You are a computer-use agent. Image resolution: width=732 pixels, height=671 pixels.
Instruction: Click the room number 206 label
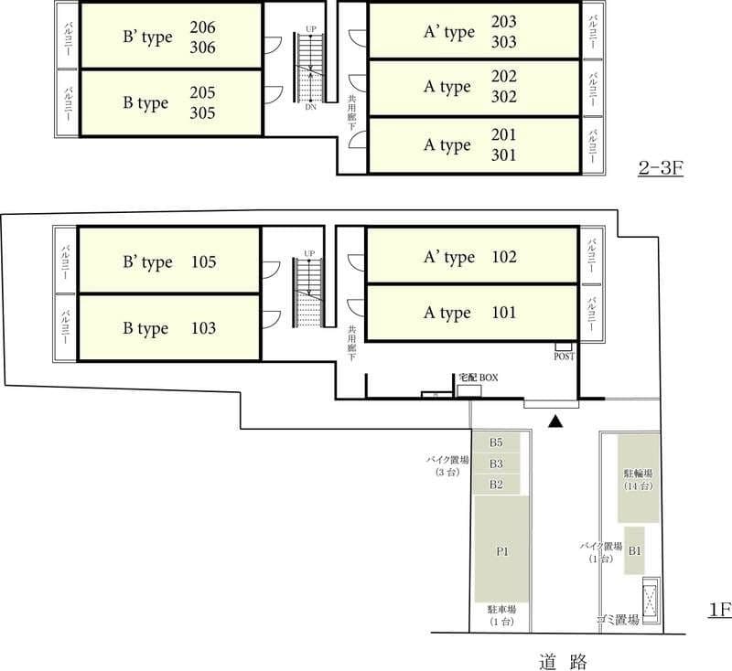(x=203, y=27)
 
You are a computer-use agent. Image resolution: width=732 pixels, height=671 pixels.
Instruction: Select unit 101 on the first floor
(x=471, y=313)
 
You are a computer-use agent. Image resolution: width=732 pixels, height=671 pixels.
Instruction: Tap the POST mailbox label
(x=564, y=357)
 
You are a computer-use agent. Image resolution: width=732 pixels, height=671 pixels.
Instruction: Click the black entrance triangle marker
(x=553, y=421)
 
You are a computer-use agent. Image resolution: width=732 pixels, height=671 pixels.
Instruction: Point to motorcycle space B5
(x=496, y=442)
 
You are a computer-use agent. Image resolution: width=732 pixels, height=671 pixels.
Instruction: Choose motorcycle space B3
(x=496, y=463)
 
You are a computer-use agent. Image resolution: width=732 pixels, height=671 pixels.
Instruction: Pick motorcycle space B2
(x=496, y=485)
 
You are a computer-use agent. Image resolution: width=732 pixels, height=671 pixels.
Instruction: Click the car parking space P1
(x=502, y=551)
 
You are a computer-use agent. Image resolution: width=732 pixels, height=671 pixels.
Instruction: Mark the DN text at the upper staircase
(x=310, y=107)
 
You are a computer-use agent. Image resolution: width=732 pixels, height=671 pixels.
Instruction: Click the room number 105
(x=204, y=262)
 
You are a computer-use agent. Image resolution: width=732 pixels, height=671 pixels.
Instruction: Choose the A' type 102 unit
(x=471, y=258)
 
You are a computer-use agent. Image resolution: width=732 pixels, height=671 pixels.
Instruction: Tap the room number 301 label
(x=504, y=155)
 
